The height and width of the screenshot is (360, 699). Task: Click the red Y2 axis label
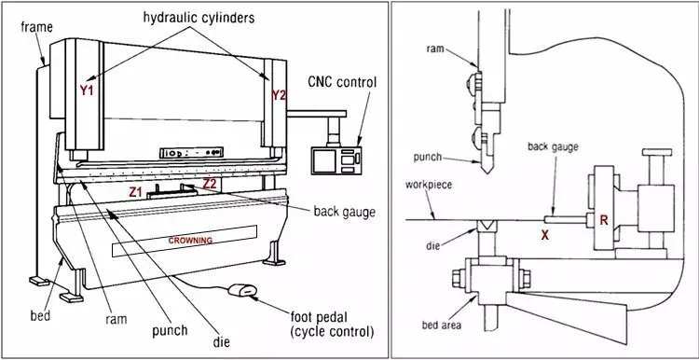click(278, 94)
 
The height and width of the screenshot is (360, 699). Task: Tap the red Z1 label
click(136, 191)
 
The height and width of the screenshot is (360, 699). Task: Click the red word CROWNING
click(190, 240)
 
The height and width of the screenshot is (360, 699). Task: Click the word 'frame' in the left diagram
click(35, 27)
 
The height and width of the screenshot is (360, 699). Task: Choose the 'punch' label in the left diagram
click(170, 329)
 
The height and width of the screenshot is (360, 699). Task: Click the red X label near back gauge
click(544, 236)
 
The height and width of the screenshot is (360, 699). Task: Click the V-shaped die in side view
click(486, 227)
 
